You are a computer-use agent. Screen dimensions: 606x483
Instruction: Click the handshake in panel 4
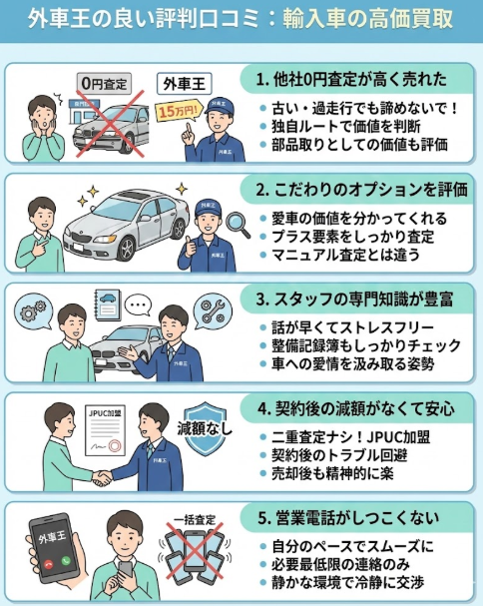coord(103,477)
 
